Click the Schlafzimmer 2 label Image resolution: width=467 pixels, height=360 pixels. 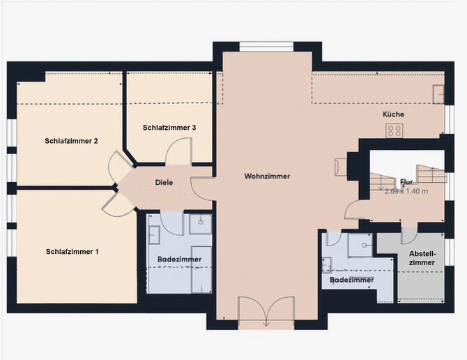pyautogui.click(x=70, y=141)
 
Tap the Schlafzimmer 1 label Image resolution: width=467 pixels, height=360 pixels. pyautogui.click(x=72, y=251)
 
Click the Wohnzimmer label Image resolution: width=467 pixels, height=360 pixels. pyautogui.click(x=267, y=177)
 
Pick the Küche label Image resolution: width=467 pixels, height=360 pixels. pyautogui.click(x=392, y=114)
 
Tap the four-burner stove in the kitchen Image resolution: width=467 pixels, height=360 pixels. pyautogui.click(x=395, y=130)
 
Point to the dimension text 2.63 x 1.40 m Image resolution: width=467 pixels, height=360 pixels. pyautogui.click(x=406, y=190)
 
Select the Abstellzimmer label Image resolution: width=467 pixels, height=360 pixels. pyautogui.click(x=422, y=258)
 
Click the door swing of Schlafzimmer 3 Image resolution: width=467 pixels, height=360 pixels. pyautogui.click(x=180, y=150)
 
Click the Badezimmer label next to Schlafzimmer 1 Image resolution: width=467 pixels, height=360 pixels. pyautogui.click(x=179, y=260)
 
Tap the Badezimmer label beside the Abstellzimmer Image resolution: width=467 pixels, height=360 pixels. pyautogui.click(x=351, y=280)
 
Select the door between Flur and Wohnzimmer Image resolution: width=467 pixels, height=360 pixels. pyautogui.click(x=353, y=207)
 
